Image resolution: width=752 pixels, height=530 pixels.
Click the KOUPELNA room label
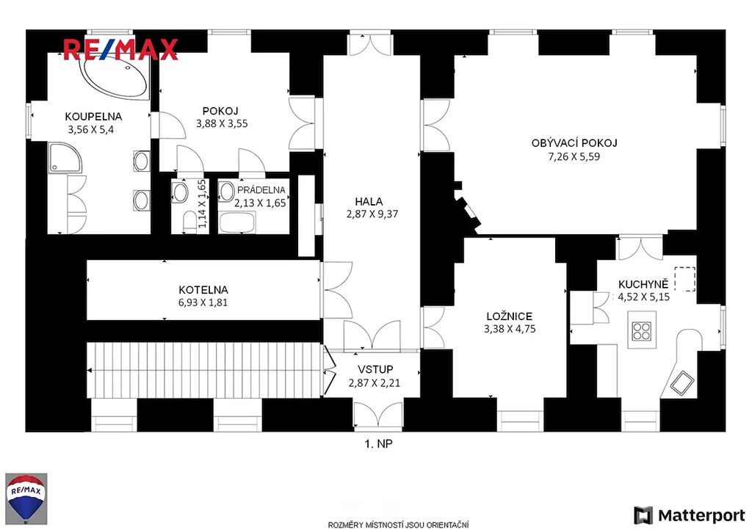93,117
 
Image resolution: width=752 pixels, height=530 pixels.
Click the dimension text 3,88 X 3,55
222,123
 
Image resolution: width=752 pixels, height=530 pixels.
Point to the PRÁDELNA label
261,190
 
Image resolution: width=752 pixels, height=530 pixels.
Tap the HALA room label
369,201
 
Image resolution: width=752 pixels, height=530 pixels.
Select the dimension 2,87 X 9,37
372,214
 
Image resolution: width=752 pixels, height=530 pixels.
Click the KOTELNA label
203,290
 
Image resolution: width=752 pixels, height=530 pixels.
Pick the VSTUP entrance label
375,370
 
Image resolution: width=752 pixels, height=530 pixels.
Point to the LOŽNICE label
510,316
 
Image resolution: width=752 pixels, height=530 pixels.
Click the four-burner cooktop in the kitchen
642,330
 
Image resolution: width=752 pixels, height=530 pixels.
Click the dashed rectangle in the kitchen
685,279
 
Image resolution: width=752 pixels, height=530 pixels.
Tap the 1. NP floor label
378,444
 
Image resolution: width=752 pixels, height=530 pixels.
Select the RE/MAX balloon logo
26,498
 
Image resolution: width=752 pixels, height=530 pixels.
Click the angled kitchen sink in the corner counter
681,383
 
